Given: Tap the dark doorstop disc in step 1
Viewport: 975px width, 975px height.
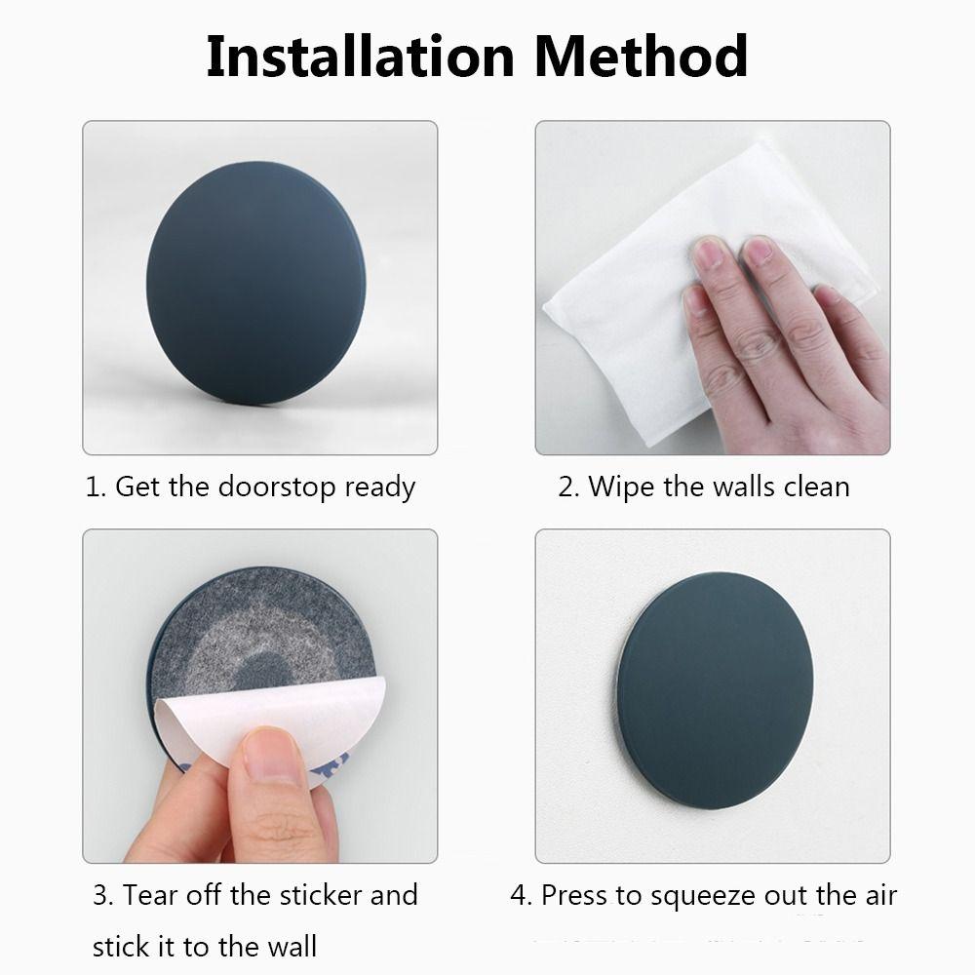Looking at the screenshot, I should [255, 283].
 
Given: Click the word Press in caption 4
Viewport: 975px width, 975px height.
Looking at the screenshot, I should [576, 895].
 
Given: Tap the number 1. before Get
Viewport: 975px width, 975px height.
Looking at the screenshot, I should [96, 487].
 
